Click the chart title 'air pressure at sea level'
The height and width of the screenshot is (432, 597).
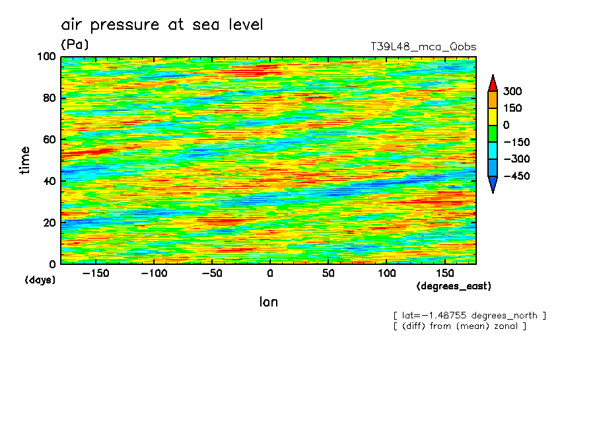click(x=162, y=25)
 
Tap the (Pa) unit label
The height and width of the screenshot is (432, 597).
click(x=75, y=45)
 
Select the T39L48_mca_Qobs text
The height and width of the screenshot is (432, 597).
click(x=423, y=47)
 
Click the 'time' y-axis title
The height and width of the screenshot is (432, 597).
click(x=25, y=161)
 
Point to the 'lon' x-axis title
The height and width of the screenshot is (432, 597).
click(x=268, y=303)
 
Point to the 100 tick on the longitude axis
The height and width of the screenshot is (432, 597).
click(x=386, y=273)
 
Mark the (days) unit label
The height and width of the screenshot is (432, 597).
click(x=40, y=280)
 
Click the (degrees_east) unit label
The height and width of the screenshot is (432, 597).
click(x=454, y=286)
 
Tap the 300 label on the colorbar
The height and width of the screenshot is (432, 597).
click(x=512, y=91)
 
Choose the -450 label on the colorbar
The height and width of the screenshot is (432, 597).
click(x=516, y=176)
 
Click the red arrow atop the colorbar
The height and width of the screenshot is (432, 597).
click(x=492, y=83)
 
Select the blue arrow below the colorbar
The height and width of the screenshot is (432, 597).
click(x=492, y=184)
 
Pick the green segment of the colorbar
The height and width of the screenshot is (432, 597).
click(x=492, y=133)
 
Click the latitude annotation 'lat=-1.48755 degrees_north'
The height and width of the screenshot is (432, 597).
click(x=470, y=315)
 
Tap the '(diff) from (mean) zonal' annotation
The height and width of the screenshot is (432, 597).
click(x=460, y=326)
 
